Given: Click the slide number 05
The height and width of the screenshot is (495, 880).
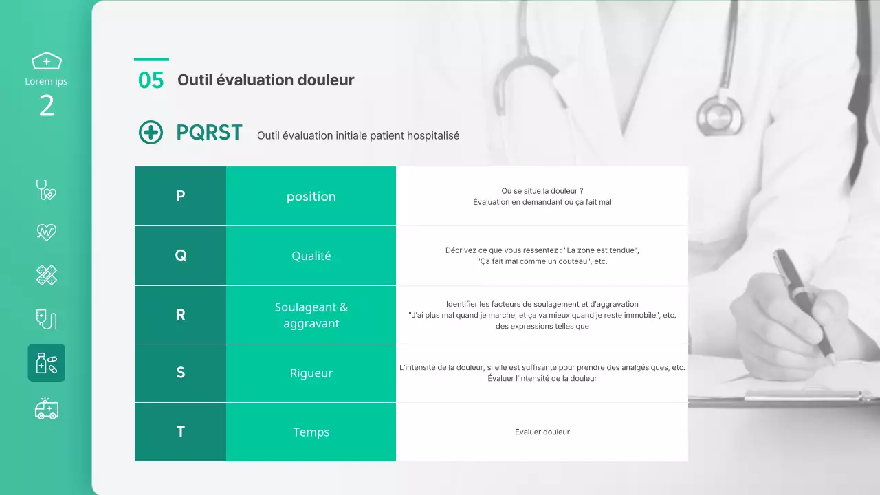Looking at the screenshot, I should (151, 80).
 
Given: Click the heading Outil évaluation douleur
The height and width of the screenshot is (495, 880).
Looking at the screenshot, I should (265, 80).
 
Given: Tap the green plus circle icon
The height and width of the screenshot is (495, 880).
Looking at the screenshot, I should (151, 132).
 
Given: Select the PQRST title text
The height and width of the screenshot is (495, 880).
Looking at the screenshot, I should (209, 132).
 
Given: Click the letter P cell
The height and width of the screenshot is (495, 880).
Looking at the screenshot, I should (180, 196).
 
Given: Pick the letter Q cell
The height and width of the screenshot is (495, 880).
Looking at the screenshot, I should (180, 255).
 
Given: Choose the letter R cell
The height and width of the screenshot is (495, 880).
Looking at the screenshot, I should (180, 315).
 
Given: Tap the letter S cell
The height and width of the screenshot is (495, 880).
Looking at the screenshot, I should (180, 373).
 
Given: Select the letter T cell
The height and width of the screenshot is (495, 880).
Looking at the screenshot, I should (180, 432).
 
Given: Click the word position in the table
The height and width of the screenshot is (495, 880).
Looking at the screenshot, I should (311, 197).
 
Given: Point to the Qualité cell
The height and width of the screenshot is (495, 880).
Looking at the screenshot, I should (311, 256).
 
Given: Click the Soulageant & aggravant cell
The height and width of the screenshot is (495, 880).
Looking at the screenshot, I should (311, 315).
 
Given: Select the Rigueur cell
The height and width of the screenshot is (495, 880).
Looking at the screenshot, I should (311, 373).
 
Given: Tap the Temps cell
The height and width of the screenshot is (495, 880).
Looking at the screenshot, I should (311, 432).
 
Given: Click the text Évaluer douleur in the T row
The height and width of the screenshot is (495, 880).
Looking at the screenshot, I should (542, 432).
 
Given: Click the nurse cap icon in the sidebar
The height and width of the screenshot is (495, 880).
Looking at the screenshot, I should (47, 61).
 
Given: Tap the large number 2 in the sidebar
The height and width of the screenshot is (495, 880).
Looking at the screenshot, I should (47, 106).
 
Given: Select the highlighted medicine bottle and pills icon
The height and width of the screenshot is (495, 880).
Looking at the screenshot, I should (47, 363).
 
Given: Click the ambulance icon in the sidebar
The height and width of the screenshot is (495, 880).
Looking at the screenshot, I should (47, 408).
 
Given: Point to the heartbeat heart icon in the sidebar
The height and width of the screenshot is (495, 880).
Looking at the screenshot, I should (47, 232).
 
